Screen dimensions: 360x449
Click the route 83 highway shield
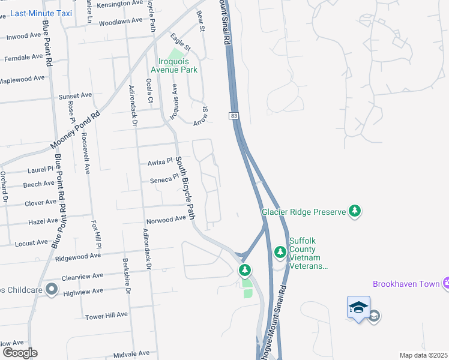233,115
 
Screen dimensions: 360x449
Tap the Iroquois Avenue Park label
178,65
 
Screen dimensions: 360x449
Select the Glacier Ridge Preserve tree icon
355,211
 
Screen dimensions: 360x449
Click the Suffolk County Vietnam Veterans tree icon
280,253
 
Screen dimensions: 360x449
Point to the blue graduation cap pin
358,307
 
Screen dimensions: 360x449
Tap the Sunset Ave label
74,95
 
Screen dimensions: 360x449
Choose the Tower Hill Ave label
106,315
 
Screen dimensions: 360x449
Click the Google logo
19,353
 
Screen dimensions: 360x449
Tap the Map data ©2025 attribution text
423,355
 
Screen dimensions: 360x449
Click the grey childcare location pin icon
51,290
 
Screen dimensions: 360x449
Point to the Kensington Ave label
121,4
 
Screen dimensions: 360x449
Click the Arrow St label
200,116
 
